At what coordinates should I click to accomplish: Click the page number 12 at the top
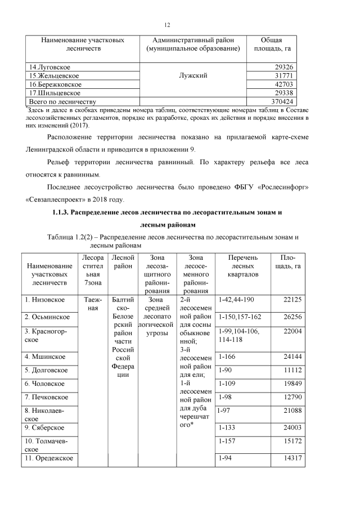167,25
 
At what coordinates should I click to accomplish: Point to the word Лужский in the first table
193,75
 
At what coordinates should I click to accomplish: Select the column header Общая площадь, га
272,45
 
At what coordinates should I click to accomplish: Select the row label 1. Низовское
45,300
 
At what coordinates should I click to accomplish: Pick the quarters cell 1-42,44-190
237,300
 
